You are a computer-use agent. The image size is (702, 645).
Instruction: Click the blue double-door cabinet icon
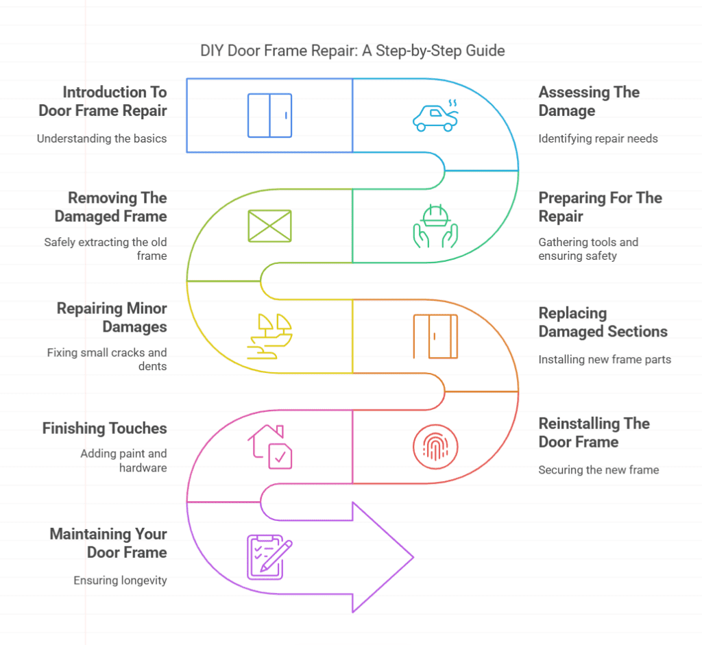(269, 115)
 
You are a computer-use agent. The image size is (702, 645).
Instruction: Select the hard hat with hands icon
(435, 226)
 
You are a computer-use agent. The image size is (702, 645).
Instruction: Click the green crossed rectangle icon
(269, 226)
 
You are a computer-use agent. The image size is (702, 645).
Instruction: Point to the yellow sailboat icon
(269, 336)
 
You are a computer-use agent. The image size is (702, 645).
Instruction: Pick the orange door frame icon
(435, 336)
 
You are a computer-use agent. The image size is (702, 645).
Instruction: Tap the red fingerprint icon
(435, 447)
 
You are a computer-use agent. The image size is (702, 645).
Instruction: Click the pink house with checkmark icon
(269, 446)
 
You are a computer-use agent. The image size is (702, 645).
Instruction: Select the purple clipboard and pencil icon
(269, 556)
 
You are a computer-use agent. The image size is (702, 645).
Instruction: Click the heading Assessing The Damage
(589, 101)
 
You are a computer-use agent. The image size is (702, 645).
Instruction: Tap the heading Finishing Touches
(105, 428)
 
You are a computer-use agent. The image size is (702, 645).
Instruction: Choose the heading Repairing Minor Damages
(112, 317)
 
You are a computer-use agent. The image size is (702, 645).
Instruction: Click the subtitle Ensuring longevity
(120, 581)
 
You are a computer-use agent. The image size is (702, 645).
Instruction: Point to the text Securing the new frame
(598, 470)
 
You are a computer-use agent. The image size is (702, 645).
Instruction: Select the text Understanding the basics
(101, 138)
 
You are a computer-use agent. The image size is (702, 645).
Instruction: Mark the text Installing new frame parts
(605, 359)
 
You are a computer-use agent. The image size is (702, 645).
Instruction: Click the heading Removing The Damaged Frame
(117, 207)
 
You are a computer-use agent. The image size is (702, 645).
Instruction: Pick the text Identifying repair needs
(598, 138)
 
